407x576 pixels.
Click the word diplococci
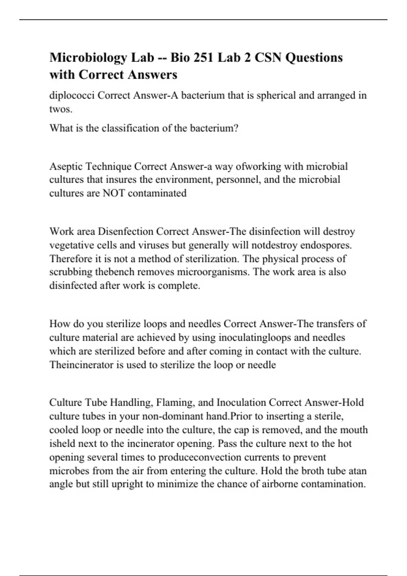coord(72,96)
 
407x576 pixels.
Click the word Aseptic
coord(66,167)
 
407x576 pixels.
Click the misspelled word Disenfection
coord(125,232)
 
